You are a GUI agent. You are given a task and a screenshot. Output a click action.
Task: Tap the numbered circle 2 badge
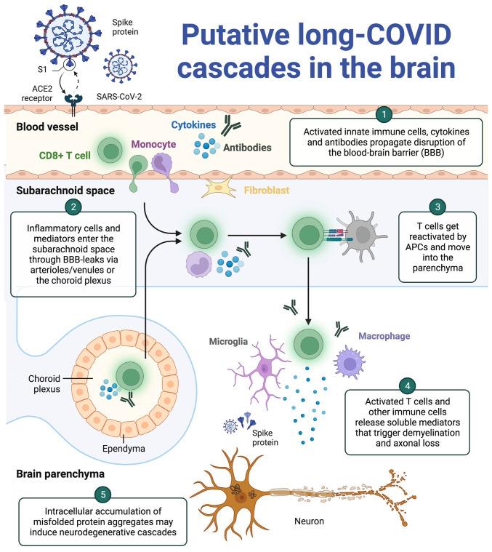tap(73, 206)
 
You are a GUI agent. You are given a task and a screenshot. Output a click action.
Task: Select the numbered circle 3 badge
tap(436, 206)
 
